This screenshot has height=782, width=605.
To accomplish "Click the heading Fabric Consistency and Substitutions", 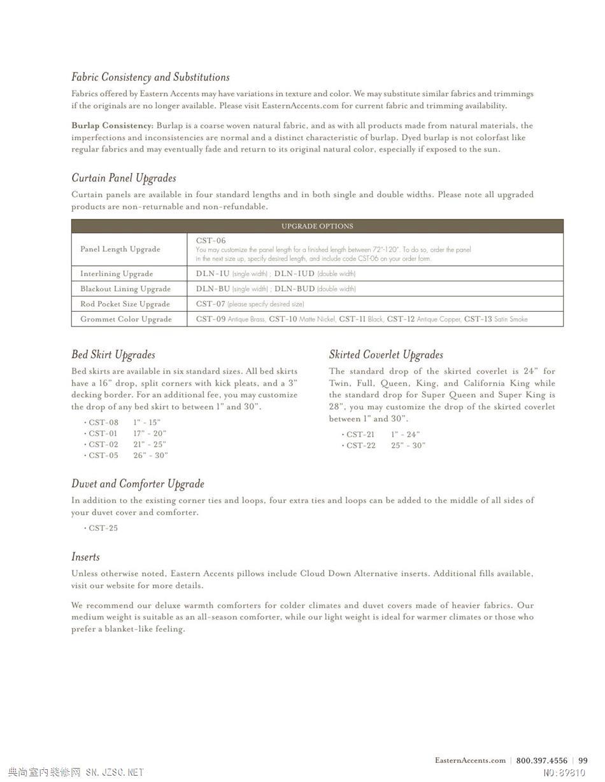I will [150, 77].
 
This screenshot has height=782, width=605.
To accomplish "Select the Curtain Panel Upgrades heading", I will [124, 178].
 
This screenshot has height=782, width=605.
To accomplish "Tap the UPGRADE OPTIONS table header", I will [317, 226].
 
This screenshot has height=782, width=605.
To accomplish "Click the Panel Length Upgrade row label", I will [120, 249].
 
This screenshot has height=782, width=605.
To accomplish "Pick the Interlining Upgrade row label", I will [117, 274].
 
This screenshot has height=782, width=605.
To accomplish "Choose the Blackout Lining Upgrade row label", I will [125, 289].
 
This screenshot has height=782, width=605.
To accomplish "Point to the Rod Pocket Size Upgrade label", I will [125, 304].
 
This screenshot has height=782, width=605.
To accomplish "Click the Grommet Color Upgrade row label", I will [125, 319].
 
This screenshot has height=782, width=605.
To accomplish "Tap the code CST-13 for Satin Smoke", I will [478, 319].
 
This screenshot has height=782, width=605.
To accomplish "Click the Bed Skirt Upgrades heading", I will [113, 355].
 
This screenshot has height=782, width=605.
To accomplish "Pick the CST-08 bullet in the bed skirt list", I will [103, 422].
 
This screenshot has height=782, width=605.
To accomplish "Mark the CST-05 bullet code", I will [103, 456].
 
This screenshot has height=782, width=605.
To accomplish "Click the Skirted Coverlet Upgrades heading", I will [386, 355].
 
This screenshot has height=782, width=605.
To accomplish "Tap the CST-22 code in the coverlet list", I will [361, 445].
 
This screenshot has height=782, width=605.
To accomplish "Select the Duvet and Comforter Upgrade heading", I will [138, 484].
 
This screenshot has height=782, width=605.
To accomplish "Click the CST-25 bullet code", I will [103, 528].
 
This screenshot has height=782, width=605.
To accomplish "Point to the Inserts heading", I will [85, 557].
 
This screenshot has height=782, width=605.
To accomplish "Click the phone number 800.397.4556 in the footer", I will [541, 760].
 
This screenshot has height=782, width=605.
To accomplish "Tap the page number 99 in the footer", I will [583, 760].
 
